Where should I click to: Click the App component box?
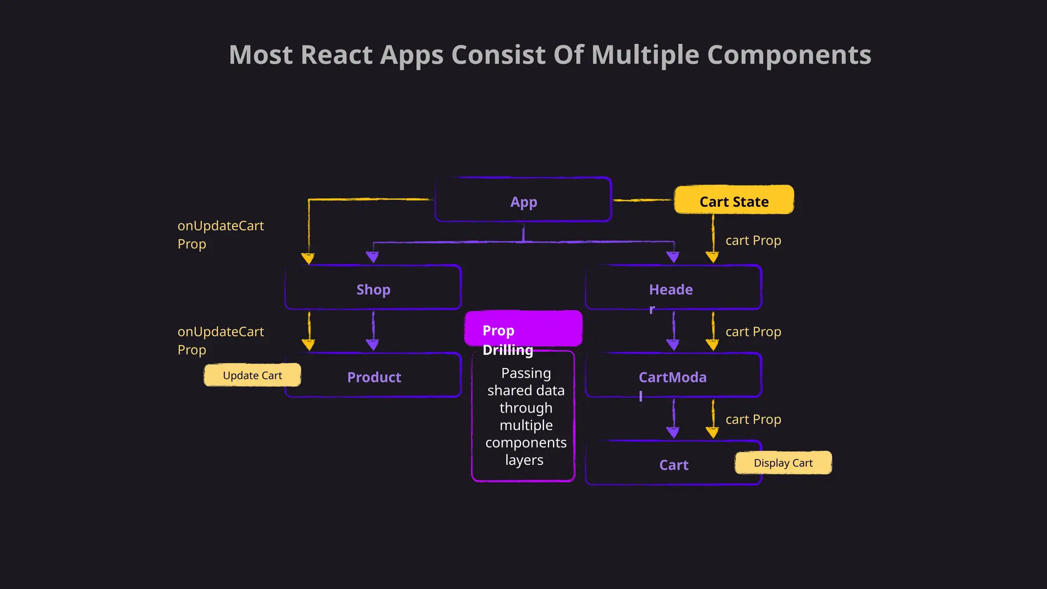[523, 200]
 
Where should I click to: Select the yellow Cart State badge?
[734, 200]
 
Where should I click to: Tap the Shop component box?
[373, 288]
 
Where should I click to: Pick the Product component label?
[374, 377]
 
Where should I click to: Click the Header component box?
[673, 288]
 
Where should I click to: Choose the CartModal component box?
[673, 376]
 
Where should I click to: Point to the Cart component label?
[673, 465]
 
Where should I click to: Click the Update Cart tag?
[252, 375]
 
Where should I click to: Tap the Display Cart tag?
[783, 463]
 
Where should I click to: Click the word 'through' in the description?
[526, 408]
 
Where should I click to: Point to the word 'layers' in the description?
[524, 460]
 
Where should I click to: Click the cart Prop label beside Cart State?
[753, 240]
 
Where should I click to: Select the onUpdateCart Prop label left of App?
[220, 235]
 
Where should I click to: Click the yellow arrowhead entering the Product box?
[308, 345]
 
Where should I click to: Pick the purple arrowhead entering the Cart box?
[673, 433]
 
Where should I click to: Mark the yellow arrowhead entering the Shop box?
[308, 258]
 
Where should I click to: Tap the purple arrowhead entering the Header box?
[673, 257]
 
